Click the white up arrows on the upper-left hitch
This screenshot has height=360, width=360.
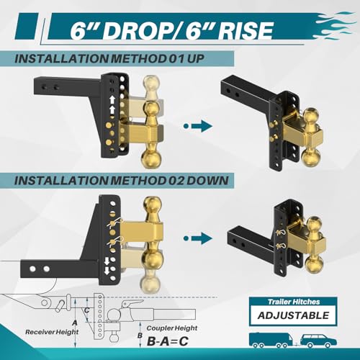point(112,98)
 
